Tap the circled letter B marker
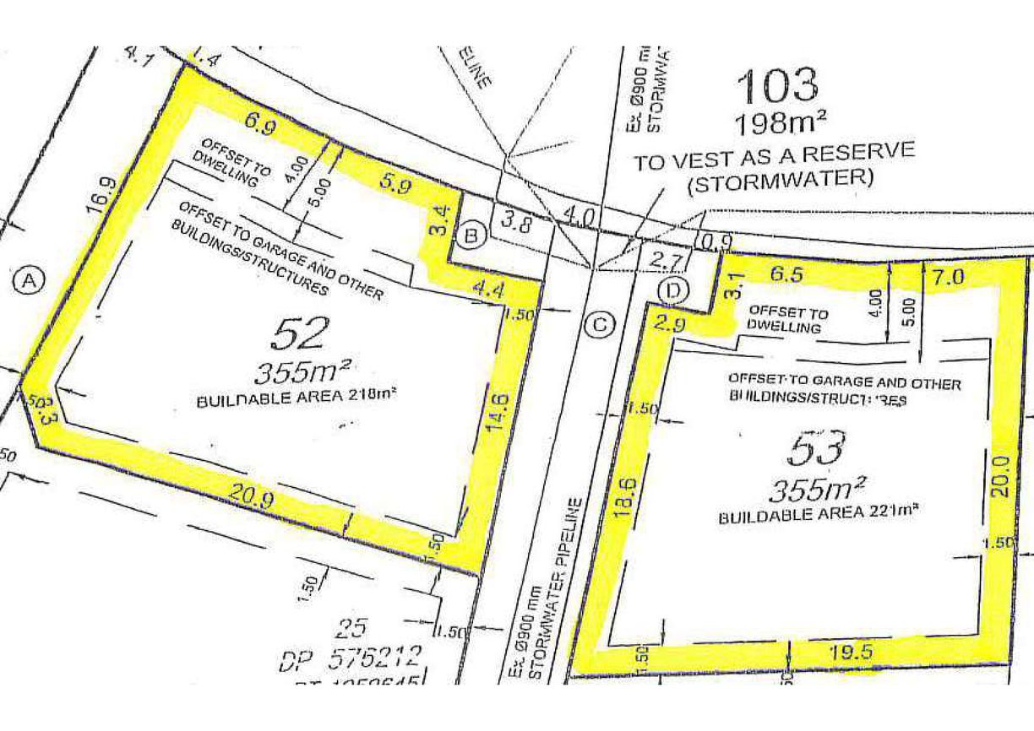471,236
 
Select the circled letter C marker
599,323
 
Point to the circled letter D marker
673,291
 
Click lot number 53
815,449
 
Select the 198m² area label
781,124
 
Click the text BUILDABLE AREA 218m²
297,398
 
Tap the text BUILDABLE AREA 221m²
818,512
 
